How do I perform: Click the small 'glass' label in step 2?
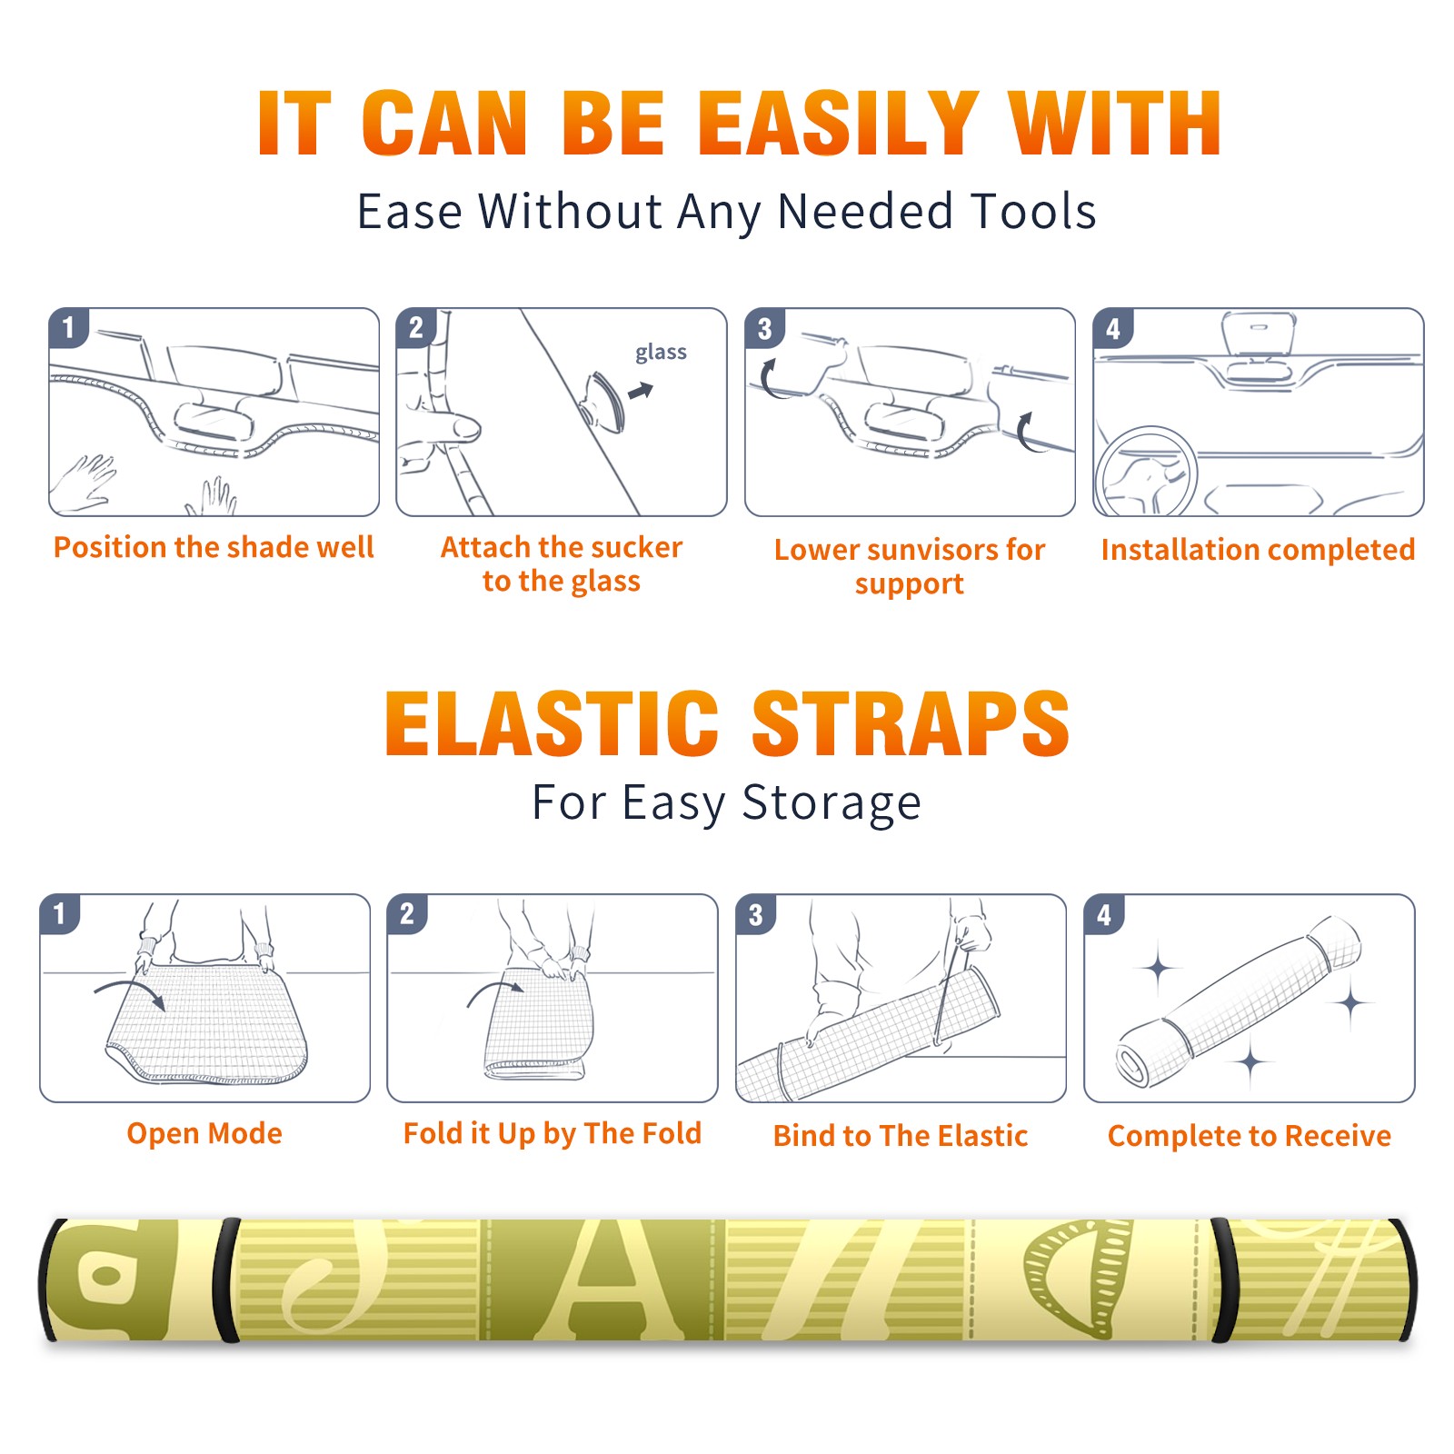coord(661,353)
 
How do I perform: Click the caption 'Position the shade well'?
coord(214,547)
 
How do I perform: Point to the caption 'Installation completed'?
coord(1258,550)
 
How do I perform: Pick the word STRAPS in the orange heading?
coord(911,723)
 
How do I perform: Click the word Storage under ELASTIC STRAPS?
coord(832,803)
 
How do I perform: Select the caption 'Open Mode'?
coord(204,1133)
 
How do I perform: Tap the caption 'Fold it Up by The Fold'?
coord(553,1133)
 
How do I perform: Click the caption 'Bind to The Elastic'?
coord(901,1136)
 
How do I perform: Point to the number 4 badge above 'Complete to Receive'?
coord(1104,914)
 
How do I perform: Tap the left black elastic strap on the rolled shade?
coord(227,1280)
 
